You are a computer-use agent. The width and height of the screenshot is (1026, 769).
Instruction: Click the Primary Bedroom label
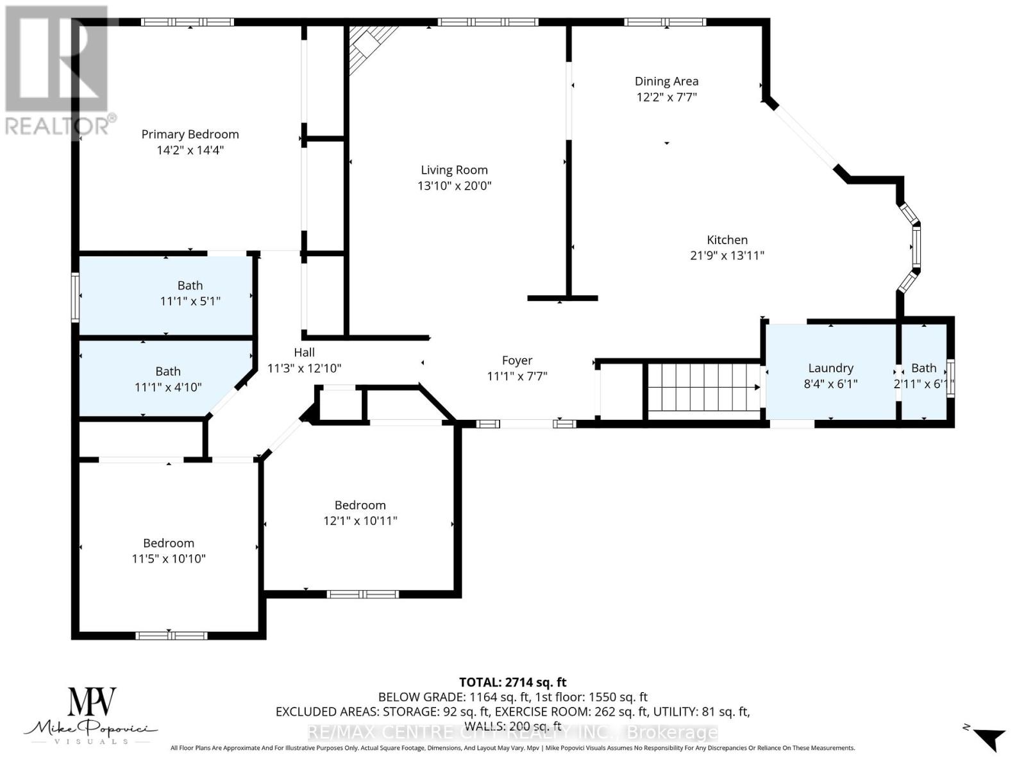[x=190, y=134]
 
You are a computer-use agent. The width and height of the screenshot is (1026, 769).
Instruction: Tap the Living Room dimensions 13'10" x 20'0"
[x=454, y=186]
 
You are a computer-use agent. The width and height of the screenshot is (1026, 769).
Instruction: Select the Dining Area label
[x=666, y=81]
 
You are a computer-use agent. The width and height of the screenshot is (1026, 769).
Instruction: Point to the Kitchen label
[x=727, y=240]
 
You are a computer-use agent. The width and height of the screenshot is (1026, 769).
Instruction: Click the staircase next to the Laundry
[x=703, y=387]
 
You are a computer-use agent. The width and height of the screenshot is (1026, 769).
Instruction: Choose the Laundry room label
[x=830, y=368]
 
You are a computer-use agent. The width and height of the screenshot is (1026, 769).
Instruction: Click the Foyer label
[x=517, y=361]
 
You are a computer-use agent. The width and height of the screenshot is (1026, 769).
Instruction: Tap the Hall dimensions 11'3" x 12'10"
[x=304, y=368]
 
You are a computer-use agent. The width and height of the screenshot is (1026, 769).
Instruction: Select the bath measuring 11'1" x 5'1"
[x=190, y=294]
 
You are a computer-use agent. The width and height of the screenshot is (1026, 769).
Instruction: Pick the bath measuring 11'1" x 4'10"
[x=168, y=379]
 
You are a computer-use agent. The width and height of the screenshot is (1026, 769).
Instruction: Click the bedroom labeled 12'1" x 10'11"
[x=360, y=513]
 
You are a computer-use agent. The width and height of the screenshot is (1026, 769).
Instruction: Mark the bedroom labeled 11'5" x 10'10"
[x=169, y=550]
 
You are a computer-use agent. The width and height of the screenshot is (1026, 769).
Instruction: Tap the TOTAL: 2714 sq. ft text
[x=512, y=682]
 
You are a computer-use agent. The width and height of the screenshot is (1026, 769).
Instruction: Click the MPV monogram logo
[x=92, y=703]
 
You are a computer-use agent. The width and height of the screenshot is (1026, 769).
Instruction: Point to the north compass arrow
[x=989, y=739]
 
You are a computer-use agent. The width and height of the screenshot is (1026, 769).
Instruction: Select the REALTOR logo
[x=58, y=70]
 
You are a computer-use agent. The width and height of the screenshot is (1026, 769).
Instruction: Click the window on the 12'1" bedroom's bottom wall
[x=363, y=594]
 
